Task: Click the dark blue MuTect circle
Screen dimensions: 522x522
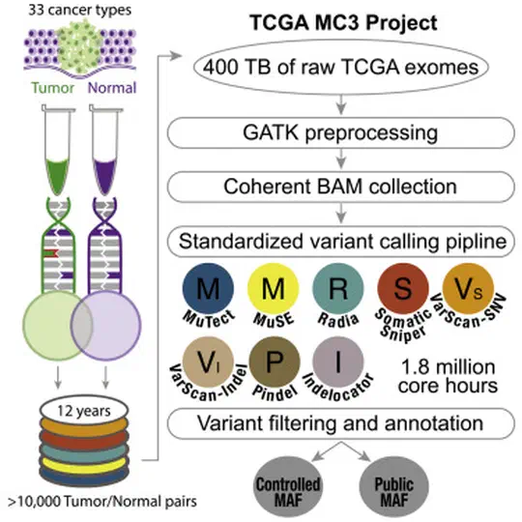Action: coord(208,288)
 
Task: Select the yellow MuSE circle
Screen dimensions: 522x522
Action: coord(273,288)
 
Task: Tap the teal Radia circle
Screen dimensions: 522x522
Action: coord(338,288)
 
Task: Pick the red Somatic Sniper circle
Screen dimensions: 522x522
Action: coord(403,288)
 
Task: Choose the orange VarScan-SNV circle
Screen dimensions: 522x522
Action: coord(468,288)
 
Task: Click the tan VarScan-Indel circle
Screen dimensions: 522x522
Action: coord(208,362)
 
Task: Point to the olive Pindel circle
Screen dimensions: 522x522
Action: coord(275,362)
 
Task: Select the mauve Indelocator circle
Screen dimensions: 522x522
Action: coord(338,362)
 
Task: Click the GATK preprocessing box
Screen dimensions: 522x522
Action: coord(341,132)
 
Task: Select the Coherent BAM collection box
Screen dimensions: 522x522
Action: coord(341,187)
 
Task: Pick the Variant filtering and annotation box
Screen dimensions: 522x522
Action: coord(341,423)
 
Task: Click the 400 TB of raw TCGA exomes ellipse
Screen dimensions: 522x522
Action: coord(341,67)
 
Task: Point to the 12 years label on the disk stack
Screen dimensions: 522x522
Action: coord(84,411)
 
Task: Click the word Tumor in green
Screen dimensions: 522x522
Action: coord(52,88)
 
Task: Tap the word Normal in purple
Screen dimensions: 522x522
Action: coord(112,88)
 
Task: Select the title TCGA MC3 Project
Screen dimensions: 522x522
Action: coord(343,22)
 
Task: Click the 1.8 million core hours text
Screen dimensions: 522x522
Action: coord(448,376)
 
